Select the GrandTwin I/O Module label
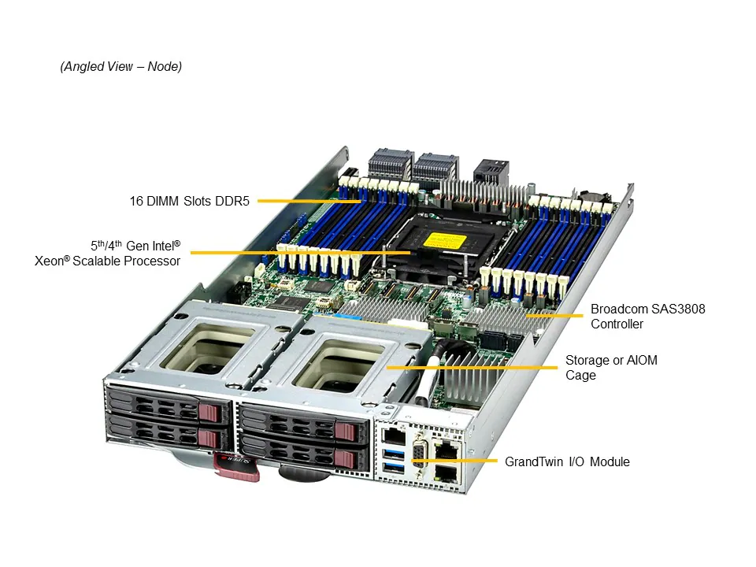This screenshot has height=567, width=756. pyautogui.click(x=567, y=461)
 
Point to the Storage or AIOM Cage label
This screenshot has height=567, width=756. pyautogui.click(x=611, y=368)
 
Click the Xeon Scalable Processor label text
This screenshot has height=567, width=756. pyautogui.click(x=108, y=253)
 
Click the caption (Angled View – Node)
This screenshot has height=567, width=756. pyautogui.click(x=121, y=67)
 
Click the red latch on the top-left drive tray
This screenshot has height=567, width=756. pyautogui.click(x=210, y=412)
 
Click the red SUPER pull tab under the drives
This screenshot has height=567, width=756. pyautogui.click(x=236, y=465)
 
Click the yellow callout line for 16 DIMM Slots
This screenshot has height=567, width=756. pyautogui.click(x=307, y=201)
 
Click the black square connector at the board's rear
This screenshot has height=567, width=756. pyautogui.click(x=489, y=171)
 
